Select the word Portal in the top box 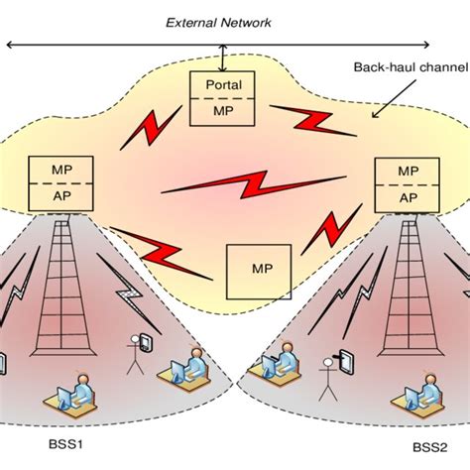[x=222, y=84]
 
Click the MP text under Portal [x=222, y=110]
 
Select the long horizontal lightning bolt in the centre [x=229, y=184]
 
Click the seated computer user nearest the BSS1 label [x=71, y=401]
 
